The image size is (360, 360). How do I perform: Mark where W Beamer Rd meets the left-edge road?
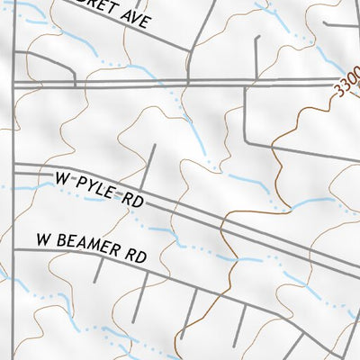tap(15, 247)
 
